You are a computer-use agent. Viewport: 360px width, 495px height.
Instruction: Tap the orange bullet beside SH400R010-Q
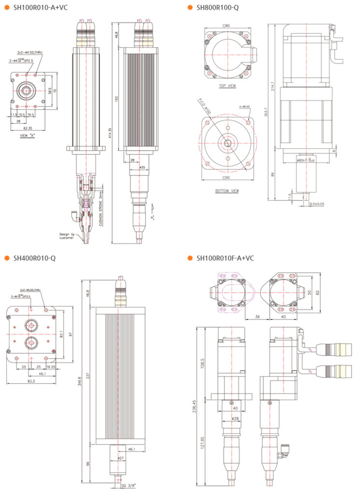(x=7, y=258)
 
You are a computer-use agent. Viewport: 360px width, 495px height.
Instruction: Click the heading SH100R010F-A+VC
(x=225, y=258)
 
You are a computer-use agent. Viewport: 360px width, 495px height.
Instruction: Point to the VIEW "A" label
(x=27, y=135)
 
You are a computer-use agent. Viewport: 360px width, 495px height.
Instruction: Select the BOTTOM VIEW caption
(x=227, y=190)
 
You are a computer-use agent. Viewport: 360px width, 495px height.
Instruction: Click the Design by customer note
(x=65, y=235)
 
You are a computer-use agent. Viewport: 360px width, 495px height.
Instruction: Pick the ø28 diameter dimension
(x=235, y=419)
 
